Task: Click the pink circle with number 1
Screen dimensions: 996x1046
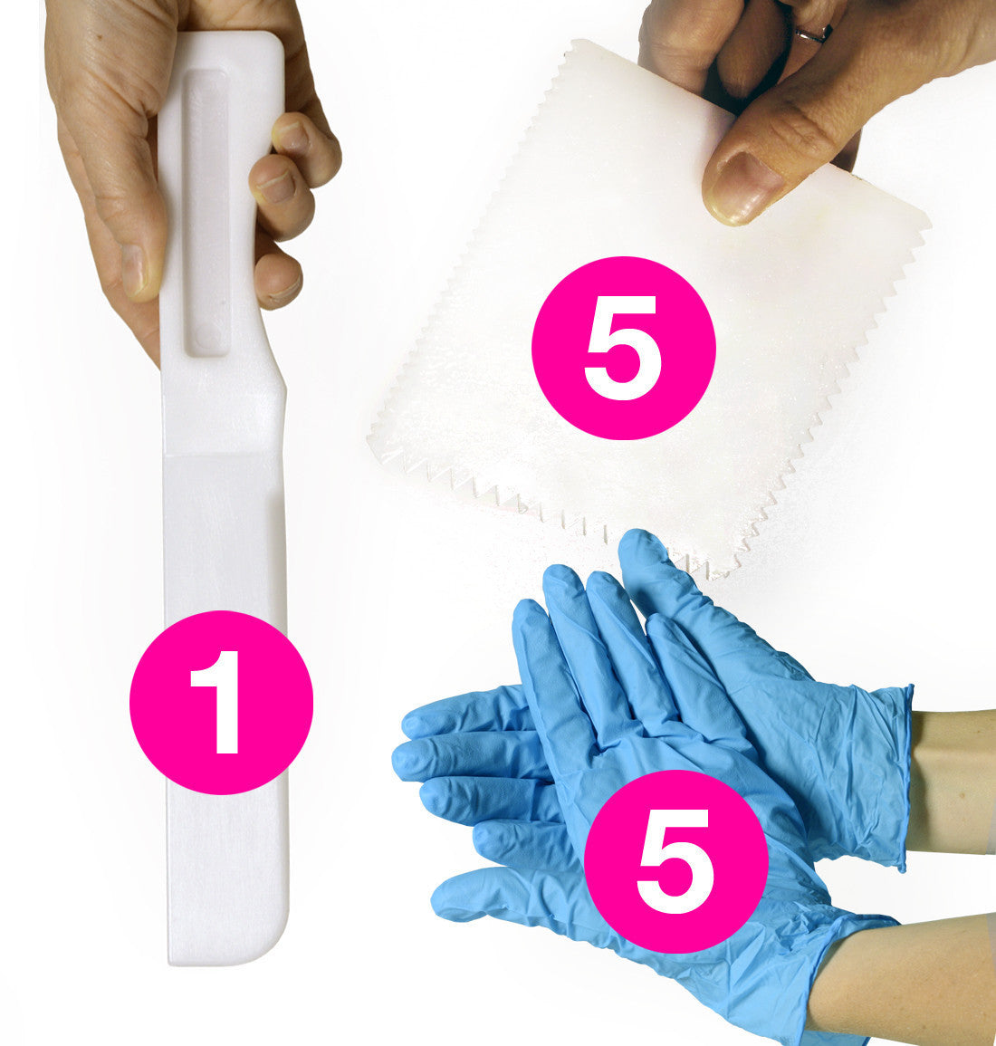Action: tap(221, 703)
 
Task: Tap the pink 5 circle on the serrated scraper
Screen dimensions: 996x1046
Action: tap(624, 348)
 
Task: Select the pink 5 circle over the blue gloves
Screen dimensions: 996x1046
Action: tap(675, 861)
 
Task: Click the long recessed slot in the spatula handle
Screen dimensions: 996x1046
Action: tap(206, 214)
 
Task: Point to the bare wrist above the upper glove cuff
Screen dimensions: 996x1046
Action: tap(954, 781)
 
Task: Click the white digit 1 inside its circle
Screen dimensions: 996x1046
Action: tap(219, 702)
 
